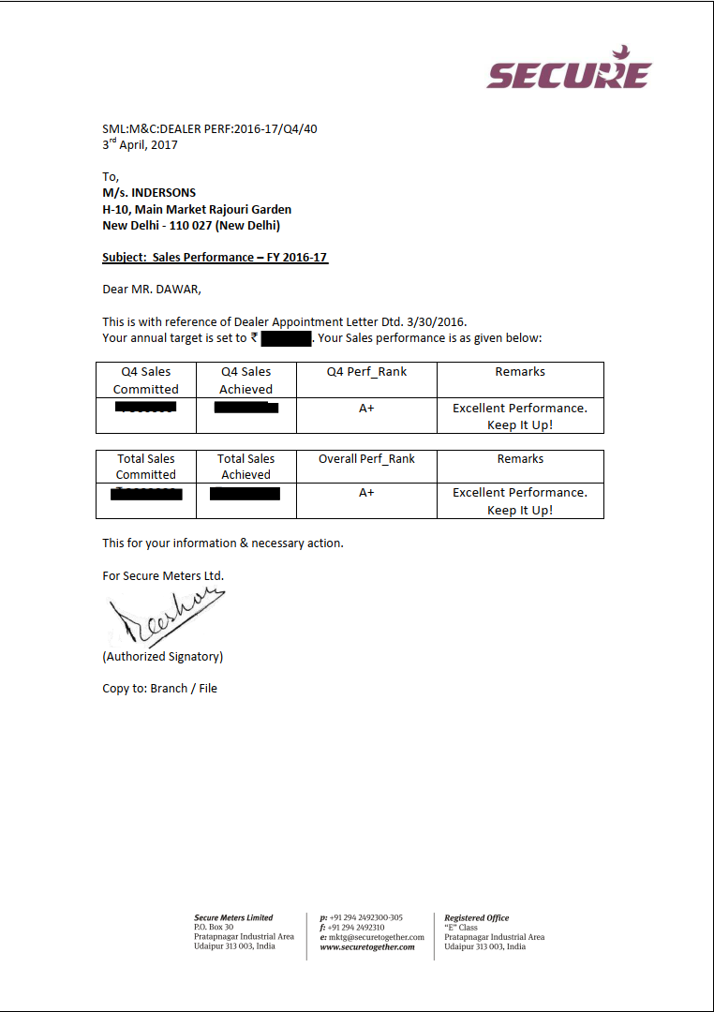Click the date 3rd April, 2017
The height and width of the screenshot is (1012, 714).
[140, 145]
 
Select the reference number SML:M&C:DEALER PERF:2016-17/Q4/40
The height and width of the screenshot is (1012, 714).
[209, 129]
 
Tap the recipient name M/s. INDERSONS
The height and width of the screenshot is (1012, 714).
[149, 193]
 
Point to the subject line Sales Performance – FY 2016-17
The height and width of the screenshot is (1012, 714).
[215, 258]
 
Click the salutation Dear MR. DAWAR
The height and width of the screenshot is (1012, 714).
[151, 289]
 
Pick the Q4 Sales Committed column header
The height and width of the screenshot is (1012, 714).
[146, 379]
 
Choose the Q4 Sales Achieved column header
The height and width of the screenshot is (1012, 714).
[245, 379]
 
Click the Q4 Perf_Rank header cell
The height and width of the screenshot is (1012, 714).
[366, 372]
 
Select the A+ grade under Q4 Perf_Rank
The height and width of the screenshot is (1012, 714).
[366, 409]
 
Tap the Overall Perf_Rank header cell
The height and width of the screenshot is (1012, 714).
[366, 459]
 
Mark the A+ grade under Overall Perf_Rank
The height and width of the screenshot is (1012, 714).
[366, 493]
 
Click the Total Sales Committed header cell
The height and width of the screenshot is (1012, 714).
[146, 467]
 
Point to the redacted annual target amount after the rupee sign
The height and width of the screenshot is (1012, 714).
[286, 338]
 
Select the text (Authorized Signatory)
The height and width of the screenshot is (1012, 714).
[162, 657]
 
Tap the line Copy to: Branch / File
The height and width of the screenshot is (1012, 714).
[159, 689]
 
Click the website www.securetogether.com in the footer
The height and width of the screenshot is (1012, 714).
[367, 947]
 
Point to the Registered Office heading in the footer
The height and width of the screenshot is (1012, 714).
[477, 918]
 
